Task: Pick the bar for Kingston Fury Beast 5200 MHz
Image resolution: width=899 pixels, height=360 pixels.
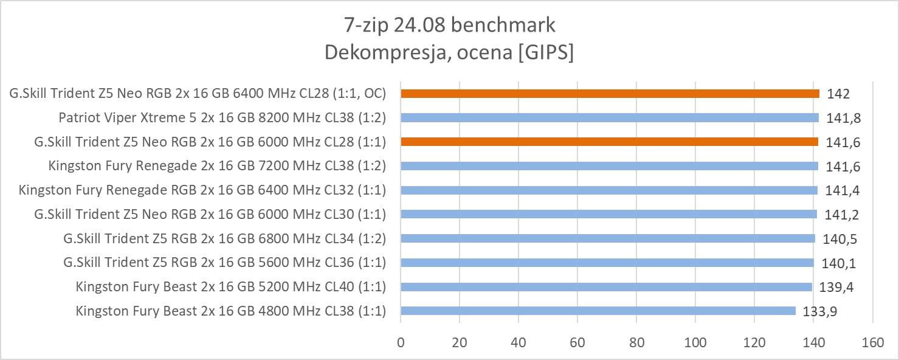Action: [x=606, y=287]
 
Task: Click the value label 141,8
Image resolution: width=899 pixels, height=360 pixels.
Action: [x=842, y=118]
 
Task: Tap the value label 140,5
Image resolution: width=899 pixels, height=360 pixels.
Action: [x=839, y=239]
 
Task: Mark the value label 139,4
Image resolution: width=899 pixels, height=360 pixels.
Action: [x=836, y=287]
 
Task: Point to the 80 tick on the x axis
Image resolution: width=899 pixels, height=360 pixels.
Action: [x=636, y=342]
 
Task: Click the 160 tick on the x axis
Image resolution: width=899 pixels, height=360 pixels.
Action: [x=872, y=342]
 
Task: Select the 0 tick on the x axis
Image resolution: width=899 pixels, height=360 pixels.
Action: [x=401, y=342]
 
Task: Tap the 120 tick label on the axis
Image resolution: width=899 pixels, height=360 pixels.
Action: [x=754, y=342]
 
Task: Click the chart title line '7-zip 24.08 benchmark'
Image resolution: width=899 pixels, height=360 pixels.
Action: [x=449, y=26]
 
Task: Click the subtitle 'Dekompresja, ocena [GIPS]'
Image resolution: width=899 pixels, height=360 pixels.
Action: [x=449, y=52]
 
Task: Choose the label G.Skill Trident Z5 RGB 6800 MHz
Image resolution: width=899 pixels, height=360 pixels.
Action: [x=224, y=238]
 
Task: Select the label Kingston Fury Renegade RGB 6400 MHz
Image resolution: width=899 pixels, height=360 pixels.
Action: [x=202, y=190]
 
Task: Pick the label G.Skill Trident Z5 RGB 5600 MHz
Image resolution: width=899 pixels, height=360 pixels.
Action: [x=224, y=263]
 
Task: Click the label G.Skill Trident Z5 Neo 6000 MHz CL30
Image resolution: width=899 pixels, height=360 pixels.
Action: [x=210, y=214]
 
